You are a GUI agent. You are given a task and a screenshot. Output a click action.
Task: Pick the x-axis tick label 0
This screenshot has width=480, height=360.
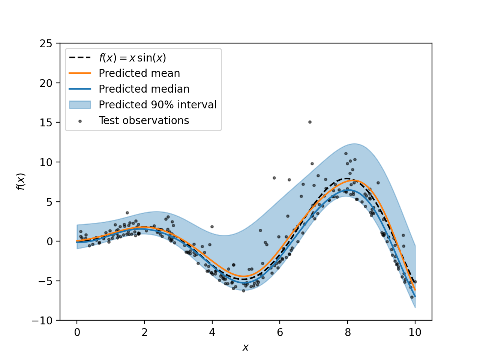point(77,332)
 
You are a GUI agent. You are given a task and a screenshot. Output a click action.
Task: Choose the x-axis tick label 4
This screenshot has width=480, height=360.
point(212,332)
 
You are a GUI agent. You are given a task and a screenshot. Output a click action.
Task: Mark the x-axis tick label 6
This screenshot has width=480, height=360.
point(280,332)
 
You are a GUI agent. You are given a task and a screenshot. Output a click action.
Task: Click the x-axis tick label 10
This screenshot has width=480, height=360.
point(415,332)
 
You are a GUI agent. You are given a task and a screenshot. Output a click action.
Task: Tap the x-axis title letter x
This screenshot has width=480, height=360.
point(246,348)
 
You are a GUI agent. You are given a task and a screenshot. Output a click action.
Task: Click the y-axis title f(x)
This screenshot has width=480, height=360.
point(21,181)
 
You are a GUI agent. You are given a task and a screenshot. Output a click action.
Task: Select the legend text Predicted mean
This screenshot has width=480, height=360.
point(139,73)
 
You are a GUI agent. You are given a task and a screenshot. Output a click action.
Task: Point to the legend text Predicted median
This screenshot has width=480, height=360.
point(144,89)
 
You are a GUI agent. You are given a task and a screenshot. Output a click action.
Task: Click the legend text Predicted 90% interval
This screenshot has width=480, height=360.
point(157,105)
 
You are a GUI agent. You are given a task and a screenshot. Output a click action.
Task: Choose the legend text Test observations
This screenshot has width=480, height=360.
point(144,120)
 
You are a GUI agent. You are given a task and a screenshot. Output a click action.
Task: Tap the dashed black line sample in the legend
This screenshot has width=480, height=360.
point(80,58)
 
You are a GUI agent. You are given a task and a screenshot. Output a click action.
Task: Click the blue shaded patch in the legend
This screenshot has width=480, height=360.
point(80,105)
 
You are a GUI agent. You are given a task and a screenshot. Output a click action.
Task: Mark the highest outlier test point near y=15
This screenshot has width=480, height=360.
point(310,122)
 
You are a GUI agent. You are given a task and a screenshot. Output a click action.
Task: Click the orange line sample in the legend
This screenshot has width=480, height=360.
point(80,73)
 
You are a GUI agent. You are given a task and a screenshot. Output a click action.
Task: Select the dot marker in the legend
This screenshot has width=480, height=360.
point(80,121)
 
